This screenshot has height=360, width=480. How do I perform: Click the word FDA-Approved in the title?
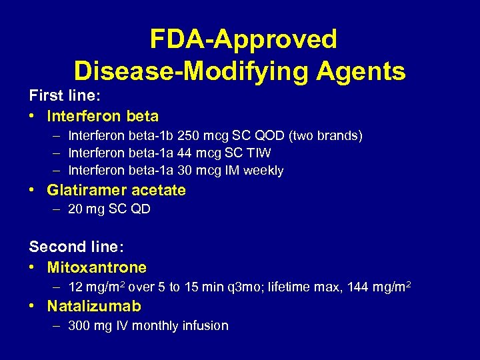243,39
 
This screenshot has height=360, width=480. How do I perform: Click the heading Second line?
76,247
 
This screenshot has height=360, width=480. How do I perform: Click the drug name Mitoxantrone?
97,268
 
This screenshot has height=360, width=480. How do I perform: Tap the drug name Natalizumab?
94,307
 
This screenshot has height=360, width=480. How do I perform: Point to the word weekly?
263,171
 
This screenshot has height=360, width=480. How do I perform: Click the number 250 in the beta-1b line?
176,136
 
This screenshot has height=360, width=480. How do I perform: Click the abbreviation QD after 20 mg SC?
141,209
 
